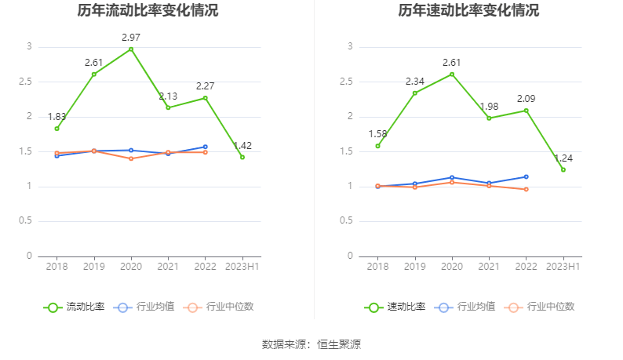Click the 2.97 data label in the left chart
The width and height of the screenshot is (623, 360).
click(x=131, y=37)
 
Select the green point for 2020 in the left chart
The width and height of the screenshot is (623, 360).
click(x=131, y=49)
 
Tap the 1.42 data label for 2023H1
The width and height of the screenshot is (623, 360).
click(x=242, y=145)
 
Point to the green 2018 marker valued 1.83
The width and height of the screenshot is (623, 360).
click(x=56, y=129)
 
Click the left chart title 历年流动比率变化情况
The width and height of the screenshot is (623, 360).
click(x=148, y=11)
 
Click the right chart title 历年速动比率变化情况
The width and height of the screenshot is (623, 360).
click(x=468, y=11)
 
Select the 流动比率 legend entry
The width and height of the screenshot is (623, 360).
click(x=75, y=307)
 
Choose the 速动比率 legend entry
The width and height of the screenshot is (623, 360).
click(x=395, y=307)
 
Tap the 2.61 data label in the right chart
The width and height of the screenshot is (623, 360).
click(x=452, y=62)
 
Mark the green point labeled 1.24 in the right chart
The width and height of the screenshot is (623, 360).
click(x=563, y=169)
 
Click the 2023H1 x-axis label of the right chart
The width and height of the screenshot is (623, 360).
click(x=563, y=267)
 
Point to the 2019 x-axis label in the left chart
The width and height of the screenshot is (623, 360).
click(x=93, y=267)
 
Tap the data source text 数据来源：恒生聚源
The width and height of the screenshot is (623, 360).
click(x=311, y=344)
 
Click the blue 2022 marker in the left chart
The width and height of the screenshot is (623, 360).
click(x=205, y=147)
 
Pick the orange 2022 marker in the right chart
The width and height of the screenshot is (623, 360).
click(x=526, y=189)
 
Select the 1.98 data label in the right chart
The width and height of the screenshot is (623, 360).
click(x=489, y=107)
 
